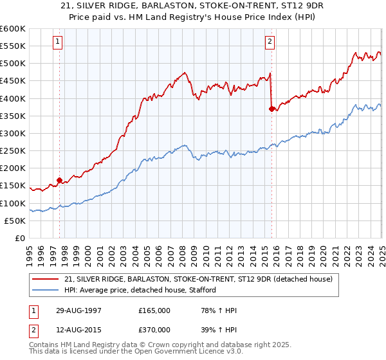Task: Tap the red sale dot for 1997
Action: (x=60, y=181)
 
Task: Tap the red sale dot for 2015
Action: (x=271, y=109)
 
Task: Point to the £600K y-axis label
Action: (x=12, y=29)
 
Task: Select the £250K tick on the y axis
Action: (x=12, y=151)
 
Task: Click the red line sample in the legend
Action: (x=45, y=279)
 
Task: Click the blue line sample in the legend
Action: (x=45, y=290)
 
